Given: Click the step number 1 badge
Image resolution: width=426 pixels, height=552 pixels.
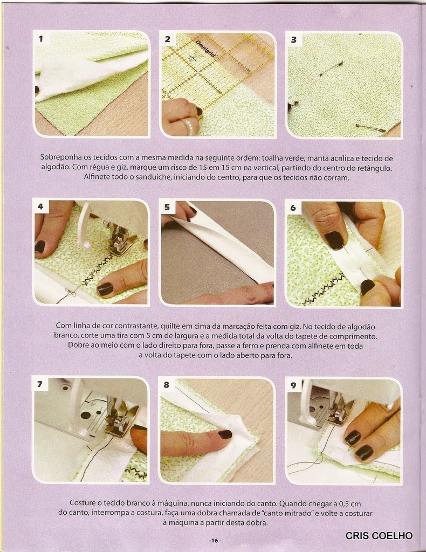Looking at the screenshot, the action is (x=41, y=39).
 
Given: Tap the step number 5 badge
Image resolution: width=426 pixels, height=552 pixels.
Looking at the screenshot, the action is (x=167, y=208).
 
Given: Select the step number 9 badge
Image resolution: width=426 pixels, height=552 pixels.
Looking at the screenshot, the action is (x=293, y=385).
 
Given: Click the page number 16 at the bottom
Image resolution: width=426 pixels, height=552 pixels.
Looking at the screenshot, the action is (x=215, y=541).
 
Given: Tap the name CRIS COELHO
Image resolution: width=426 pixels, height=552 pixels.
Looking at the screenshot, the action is (x=379, y=535).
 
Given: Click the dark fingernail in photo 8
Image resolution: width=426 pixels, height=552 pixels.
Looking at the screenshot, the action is (x=225, y=434).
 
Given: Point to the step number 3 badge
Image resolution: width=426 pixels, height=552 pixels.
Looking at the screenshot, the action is (x=294, y=40).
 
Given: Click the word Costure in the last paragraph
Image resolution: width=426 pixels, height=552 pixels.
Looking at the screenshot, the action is (x=82, y=503).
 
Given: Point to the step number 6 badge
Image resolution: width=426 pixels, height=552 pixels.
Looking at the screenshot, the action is (x=293, y=208).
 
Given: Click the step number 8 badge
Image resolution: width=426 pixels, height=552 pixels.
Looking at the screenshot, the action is (x=166, y=385).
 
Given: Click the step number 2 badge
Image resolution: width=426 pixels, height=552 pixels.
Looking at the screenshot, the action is (x=167, y=39).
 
